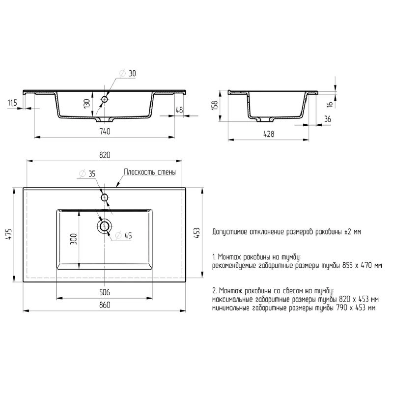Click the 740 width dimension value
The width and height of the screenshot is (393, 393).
click(x=105, y=131)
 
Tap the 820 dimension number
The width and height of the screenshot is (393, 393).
click(x=105, y=155)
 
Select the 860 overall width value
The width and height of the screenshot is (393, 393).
click(x=105, y=305)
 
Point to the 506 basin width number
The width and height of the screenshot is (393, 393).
click(x=105, y=292)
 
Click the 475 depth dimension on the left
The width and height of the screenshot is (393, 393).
click(x=9, y=234)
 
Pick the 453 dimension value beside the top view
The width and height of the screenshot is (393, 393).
click(x=197, y=233)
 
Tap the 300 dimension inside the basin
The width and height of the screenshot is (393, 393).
click(x=73, y=239)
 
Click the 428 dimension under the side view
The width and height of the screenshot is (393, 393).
click(x=269, y=134)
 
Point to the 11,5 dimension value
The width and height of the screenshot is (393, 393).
click(x=12, y=103)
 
